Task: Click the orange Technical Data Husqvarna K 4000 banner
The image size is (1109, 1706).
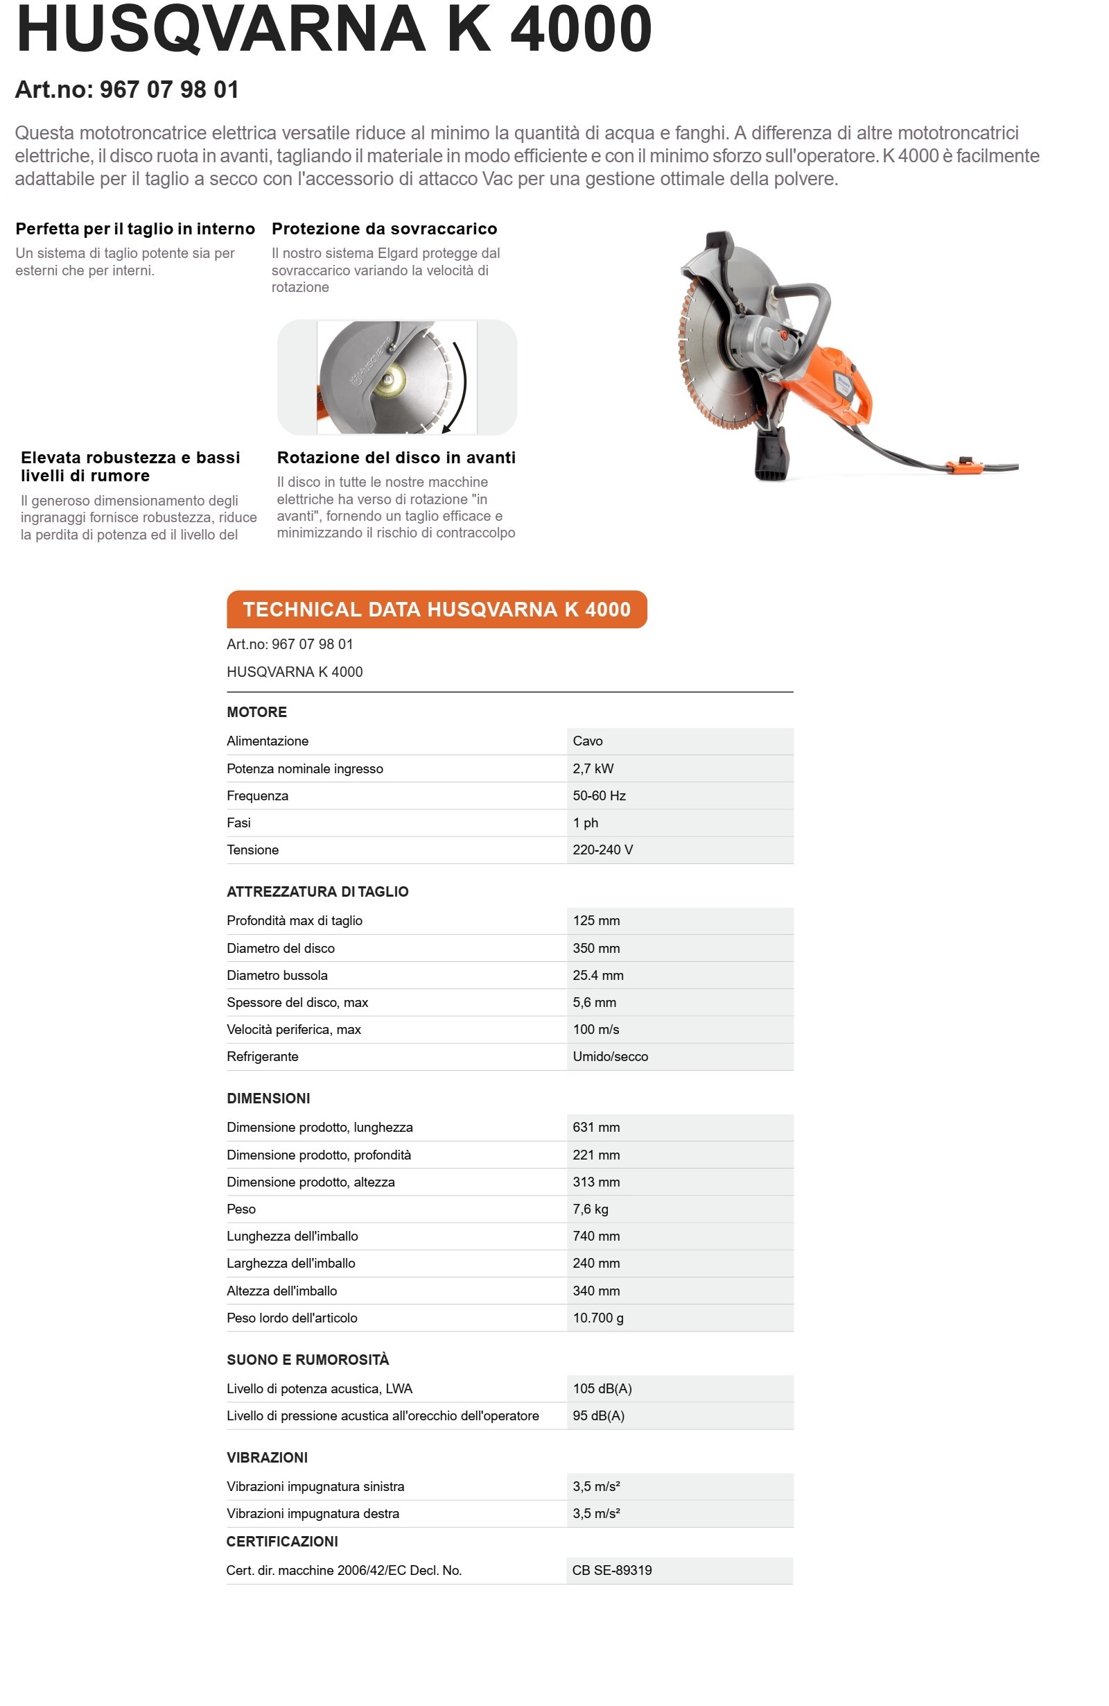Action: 436,610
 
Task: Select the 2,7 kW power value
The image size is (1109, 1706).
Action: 593,768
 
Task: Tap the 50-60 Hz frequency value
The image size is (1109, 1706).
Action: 599,795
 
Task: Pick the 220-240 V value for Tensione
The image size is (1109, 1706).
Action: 602,850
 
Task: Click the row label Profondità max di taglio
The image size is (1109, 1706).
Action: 295,920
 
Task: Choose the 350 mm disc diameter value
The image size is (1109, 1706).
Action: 596,947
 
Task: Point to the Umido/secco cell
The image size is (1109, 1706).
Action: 611,1056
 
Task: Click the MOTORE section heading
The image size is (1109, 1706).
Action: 256,712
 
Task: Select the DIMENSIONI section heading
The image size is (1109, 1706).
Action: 268,1098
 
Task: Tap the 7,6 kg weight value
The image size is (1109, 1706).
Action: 591,1209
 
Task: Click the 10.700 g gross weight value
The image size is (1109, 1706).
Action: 598,1318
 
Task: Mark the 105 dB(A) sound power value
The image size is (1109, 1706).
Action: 602,1388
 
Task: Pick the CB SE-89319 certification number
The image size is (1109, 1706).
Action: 612,1570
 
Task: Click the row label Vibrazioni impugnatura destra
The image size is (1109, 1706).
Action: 313,1513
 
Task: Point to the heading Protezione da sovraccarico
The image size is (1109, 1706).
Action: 384,229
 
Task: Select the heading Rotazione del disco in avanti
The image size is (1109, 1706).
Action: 396,457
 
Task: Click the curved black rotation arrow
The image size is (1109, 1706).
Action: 462,380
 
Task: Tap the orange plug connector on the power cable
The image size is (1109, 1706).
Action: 960,465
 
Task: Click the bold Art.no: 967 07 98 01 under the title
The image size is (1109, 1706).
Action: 127,89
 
